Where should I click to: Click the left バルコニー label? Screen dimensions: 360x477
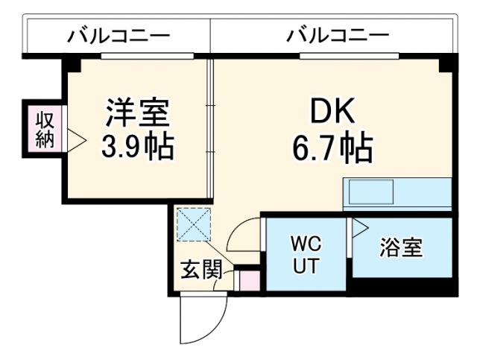point(119,35)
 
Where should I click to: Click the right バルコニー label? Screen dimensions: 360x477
point(338,35)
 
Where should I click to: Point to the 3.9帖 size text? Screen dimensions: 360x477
point(137,147)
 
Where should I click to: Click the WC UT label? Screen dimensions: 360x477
point(306,255)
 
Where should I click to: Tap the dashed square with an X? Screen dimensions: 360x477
point(195,224)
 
